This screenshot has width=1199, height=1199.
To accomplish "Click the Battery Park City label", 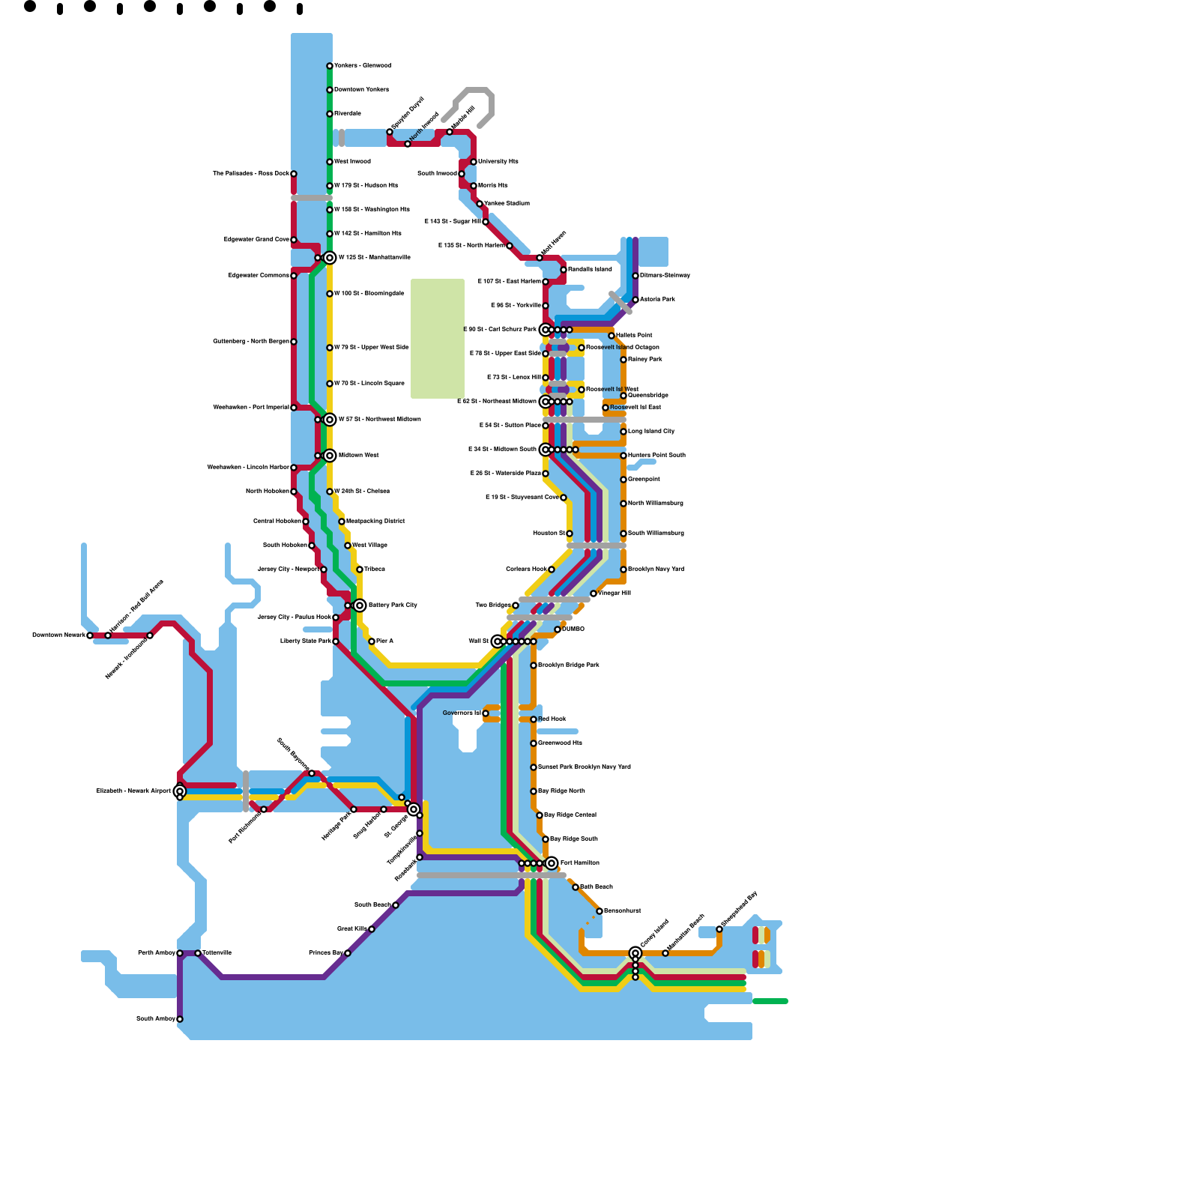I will coord(393,605).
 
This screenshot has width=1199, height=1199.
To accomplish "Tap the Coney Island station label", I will coord(654,934).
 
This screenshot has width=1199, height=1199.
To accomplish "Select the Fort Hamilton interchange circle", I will coord(552,863).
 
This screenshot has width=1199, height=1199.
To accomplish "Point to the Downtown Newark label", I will coord(58,635).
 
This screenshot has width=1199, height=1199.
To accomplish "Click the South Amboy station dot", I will coord(180,1019).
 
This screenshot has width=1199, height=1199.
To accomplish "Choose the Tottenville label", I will coord(217,952).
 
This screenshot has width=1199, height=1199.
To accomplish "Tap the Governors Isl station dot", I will coord(486,713).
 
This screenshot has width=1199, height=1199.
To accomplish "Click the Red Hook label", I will coord(552,719).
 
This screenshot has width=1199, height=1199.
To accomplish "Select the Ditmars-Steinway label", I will coord(665,275).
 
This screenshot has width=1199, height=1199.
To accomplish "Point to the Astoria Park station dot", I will coord(635,300).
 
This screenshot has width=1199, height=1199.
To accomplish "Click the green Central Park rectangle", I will coord(438,338).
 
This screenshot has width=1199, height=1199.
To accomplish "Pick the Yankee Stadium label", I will coord(507,203).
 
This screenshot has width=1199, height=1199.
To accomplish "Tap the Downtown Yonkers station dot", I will coord(330,90).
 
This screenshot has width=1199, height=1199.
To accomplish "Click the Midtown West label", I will coord(359,455).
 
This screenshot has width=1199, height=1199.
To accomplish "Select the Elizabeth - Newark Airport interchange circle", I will coord(180,791).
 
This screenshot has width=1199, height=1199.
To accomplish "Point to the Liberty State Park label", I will coord(306,641).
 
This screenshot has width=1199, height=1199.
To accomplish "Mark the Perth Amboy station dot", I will coord(180,953).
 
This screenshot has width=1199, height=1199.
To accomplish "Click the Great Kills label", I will coord(351,928).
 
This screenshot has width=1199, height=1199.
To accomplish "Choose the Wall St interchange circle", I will coord(498,641).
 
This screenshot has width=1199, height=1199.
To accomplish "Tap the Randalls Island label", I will coord(591,269).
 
